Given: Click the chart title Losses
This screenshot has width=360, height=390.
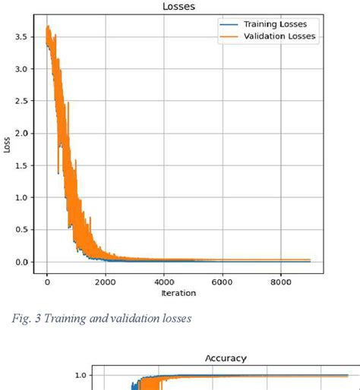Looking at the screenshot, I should pyautogui.click(x=179, y=7).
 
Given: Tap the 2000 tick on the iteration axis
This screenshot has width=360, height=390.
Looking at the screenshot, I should pyautogui.click(x=106, y=281).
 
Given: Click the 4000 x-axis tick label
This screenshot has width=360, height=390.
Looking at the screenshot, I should pyautogui.click(x=164, y=281).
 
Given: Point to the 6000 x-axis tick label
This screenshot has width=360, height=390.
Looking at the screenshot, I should pyautogui.click(x=222, y=281).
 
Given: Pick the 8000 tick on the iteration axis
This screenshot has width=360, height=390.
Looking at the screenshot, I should pyautogui.click(x=280, y=281).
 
